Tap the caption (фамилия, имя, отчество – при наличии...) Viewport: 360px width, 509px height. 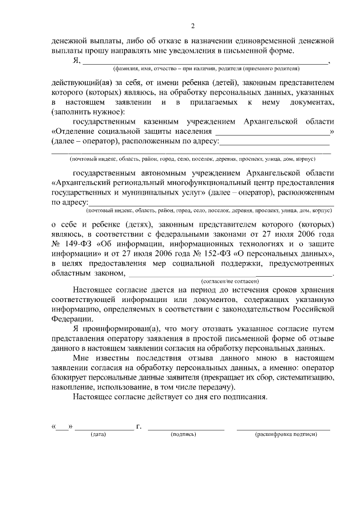click(205, 69)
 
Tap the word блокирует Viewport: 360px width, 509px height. click(71, 379)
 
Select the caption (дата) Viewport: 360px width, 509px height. click(99, 435)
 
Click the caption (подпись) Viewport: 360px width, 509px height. click(183, 435)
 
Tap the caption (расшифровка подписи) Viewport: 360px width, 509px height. click(285, 435)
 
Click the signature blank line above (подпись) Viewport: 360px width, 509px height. click(186, 429)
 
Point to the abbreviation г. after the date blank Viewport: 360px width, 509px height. click(138, 427)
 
